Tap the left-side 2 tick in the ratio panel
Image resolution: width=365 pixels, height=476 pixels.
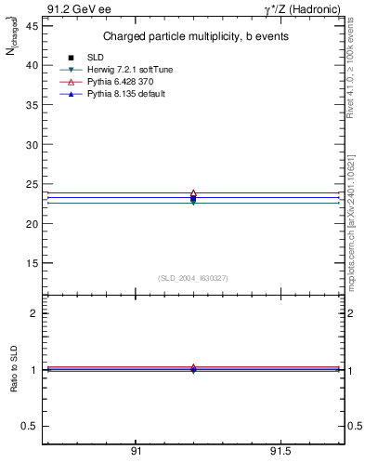pyautogui.click(x=34, y=314)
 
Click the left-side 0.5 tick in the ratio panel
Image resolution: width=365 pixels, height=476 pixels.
pyautogui.click(x=31, y=426)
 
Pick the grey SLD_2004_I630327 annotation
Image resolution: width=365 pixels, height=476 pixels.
pyautogui.click(x=192, y=277)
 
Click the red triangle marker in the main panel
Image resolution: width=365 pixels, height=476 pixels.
pyautogui.click(x=193, y=193)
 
